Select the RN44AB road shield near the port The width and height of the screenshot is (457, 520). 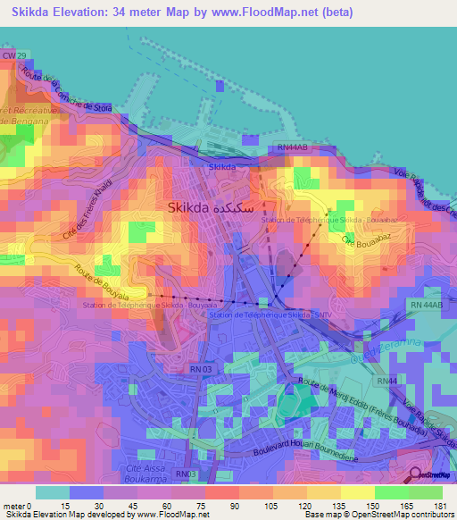coord(292,147)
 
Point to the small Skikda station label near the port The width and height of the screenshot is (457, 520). coord(221,167)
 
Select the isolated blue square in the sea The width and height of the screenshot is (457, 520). coord(220,86)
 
